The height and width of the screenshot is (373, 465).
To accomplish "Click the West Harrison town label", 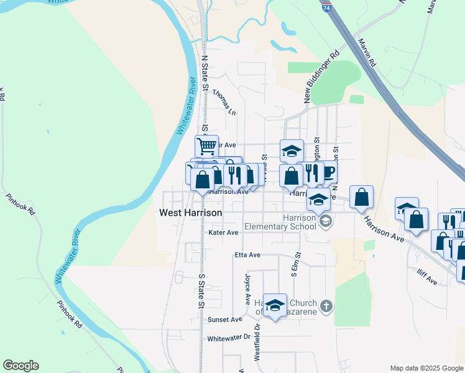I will click(190, 213).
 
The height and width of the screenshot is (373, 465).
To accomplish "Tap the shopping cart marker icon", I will click(206, 147).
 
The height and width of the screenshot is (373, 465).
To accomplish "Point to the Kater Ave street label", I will click(224, 233).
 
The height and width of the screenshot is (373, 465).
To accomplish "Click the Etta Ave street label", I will click(247, 255).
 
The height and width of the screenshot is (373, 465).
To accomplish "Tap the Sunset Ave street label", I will click(224, 320).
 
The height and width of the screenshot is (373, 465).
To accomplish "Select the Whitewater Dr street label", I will click(228, 338).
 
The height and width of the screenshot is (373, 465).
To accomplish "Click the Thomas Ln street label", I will click(224, 102).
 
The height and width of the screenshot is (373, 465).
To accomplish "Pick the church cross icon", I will click(327, 306).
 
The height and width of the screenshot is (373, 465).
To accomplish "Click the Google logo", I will click(21, 366).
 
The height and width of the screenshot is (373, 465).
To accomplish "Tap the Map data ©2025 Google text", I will click(426, 368).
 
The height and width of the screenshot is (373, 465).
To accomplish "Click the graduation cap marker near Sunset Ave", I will click(275, 305).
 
